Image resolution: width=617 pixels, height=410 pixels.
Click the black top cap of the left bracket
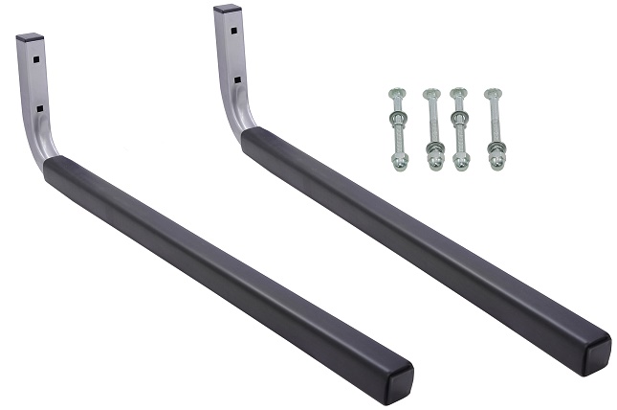tap(31, 38)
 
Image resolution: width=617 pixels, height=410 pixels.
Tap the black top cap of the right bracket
tap(228, 9)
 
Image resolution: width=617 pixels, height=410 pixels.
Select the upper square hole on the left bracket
tap(33, 58)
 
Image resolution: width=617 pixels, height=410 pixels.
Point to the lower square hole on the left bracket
tap(37, 109)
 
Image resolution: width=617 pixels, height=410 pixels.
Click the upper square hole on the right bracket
tap(232, 29)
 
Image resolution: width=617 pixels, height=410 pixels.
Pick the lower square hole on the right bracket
tap(236, 80)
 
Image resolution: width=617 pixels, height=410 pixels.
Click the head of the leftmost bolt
tap(394, 93)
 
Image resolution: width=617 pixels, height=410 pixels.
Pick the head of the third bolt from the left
tap(459, 93)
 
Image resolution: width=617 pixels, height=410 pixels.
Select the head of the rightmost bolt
tap(494, 93)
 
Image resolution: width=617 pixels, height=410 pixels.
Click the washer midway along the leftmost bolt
tap(395, 121)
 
